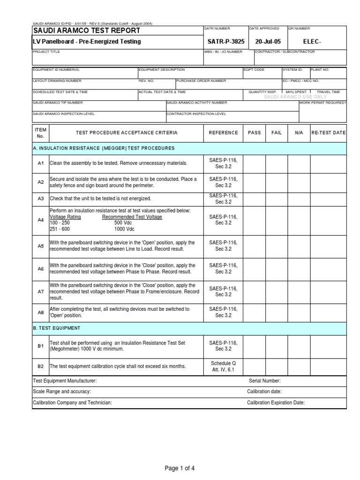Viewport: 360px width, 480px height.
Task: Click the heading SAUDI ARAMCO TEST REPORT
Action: [x=86, y=30]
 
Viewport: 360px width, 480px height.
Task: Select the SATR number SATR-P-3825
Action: [x=223, y=42]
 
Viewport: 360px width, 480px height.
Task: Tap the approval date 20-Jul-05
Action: [x=267, y=42]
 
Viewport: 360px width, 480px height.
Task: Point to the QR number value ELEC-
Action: [x=313, y=42]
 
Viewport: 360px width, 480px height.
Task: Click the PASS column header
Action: [x=254, y=133]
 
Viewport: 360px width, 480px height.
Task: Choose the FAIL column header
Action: [x=277, y=133]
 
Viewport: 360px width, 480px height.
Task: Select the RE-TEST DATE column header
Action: [x=328, y=133]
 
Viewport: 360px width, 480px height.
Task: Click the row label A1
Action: [x=40, y=163]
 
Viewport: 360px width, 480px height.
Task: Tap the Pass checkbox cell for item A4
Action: [x=254, y=220]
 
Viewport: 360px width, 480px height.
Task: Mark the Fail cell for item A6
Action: [x=277, y=269]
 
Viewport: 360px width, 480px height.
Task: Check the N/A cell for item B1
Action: [x=299, y=346]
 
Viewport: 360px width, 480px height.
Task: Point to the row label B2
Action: [x=40, y=366]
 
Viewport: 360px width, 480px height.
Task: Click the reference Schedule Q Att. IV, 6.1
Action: [x=223, y=367]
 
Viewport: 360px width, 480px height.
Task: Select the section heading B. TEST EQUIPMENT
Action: [x=57, y=328]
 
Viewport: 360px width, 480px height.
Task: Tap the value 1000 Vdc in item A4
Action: [x=124, y=229]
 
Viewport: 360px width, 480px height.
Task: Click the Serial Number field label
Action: [x=265, y=381]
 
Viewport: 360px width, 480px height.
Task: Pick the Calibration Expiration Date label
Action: [x=276, y=403]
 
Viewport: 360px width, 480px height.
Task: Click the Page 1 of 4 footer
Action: [x=180, y=468]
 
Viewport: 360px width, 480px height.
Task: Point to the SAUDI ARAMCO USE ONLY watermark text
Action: [x=295, y=97]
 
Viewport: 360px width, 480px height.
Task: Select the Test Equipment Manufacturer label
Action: [x=65, y=381]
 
